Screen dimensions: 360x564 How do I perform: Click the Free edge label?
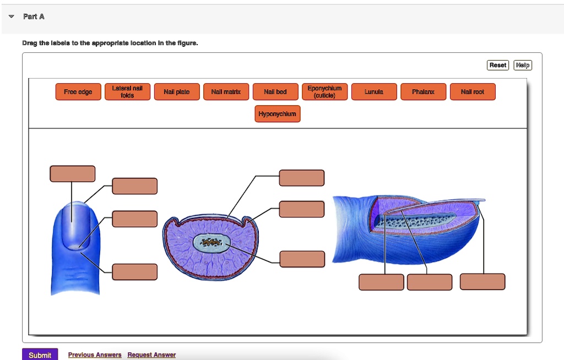[x=78, y=92]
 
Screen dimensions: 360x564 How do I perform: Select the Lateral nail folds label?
[x=127, y=92]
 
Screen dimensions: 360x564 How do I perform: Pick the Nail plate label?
[x=177, y=92]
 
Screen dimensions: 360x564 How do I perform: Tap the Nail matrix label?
[x=226, y=92]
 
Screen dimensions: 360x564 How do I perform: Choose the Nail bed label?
[x=275, y=92]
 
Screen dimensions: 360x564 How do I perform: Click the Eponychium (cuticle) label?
[x=324, y=92]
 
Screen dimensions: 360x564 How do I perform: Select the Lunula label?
[x=374, y=92]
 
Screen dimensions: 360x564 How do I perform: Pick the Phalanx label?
[x=423, y=92]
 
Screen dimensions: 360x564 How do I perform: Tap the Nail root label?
[x=473, y=92]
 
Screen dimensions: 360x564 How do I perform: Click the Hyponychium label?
[x=278, y=114]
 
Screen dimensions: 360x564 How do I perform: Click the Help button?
[x=523, y=66]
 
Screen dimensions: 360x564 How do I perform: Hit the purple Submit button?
[x=40, y=354]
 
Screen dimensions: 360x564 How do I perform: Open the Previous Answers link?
[x=95, y=355]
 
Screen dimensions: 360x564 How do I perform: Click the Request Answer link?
[x=151, y=355]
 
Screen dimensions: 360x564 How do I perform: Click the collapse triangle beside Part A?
[x=12, y=17]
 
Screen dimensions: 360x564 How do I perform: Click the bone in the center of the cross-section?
[x=209, y=243]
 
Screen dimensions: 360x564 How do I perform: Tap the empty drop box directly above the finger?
[x=72, y=173]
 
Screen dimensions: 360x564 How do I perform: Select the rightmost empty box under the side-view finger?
[x=482, y=281]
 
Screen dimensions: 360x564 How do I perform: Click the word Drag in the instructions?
[x=29, y=43]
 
